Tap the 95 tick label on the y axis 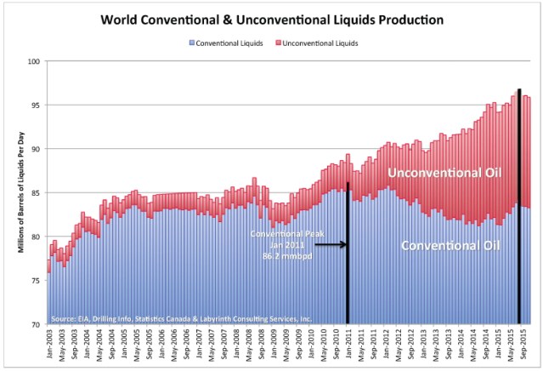34,106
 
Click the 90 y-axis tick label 34,149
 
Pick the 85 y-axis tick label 34,193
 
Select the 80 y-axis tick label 34,237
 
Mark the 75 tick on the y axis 34,281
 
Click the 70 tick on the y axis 34,324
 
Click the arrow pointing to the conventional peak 329,245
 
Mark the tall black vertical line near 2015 519,204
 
